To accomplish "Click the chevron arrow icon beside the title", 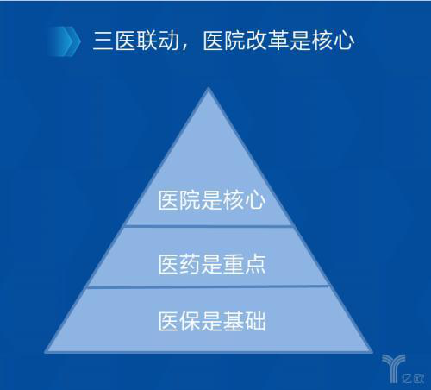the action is [x=65, y=41].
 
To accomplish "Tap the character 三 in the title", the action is [x=103, y=41].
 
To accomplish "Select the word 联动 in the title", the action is [x=158, y=41].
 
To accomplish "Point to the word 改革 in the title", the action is [x=267, y=41].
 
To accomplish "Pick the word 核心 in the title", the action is [x=333, y=41].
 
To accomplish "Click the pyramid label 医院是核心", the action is [x=212, y=199].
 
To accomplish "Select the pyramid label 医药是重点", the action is [x=212, y=264].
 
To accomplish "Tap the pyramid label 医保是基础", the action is [x=212, y=321].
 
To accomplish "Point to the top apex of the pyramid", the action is [x=209, y=88].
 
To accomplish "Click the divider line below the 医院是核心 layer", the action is [x=209, y=226].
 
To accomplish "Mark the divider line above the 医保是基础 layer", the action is [x=208, y=286].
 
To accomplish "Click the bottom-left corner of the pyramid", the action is [x=46, y=352].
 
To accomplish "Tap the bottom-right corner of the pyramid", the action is [x=372, y=352].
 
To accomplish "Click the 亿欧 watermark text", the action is [x=413, y=379].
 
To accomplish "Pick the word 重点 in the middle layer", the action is [x=245, y=264].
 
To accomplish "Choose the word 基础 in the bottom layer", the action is [x=245, y=321].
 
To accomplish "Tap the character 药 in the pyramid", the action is [x=191, y=264].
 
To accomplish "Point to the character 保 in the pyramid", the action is [x=191, y=321].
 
